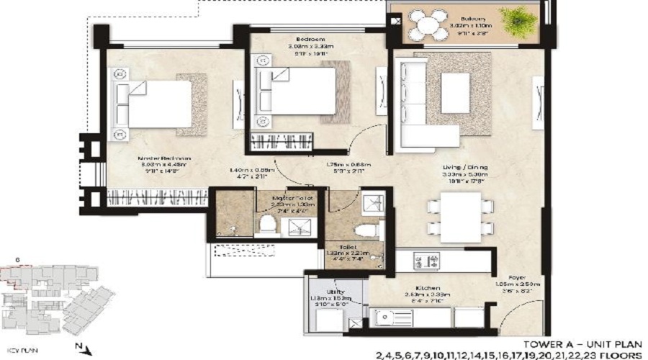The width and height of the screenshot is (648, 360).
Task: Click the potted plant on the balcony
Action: coord(518,22)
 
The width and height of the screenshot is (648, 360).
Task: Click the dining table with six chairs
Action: coord(462,217)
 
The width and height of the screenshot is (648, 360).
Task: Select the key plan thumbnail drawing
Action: coord(58,295)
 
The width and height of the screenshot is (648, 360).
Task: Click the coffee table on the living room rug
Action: coord(455,93)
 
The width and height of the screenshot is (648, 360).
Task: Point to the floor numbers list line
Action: coord(508,355)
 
